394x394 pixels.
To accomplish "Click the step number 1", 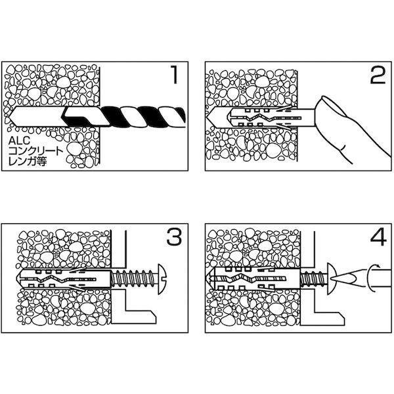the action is pos(174,75).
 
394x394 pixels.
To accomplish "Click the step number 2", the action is pos(378,75).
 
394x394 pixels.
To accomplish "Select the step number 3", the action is pos(174,236).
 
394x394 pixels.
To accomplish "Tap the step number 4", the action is pos(378,236).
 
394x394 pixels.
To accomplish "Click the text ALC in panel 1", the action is pos(19,141).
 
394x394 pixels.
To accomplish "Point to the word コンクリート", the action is pos(35,151).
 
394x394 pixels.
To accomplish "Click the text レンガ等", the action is pos(28,161).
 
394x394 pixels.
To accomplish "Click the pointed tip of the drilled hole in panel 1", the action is pos(9,117).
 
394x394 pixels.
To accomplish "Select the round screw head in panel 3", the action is pos(162,279).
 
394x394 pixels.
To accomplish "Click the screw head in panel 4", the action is pos(331,279).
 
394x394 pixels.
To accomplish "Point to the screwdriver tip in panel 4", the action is pos(343,278).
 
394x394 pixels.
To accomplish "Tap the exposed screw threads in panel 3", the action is pos(134,279).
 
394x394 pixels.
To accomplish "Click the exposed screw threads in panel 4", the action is pos(313,279).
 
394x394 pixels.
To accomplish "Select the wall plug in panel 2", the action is pos(271,118).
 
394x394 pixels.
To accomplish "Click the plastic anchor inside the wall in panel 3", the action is pos(64,279).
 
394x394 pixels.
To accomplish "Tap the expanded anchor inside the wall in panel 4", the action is pos(254,279).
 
